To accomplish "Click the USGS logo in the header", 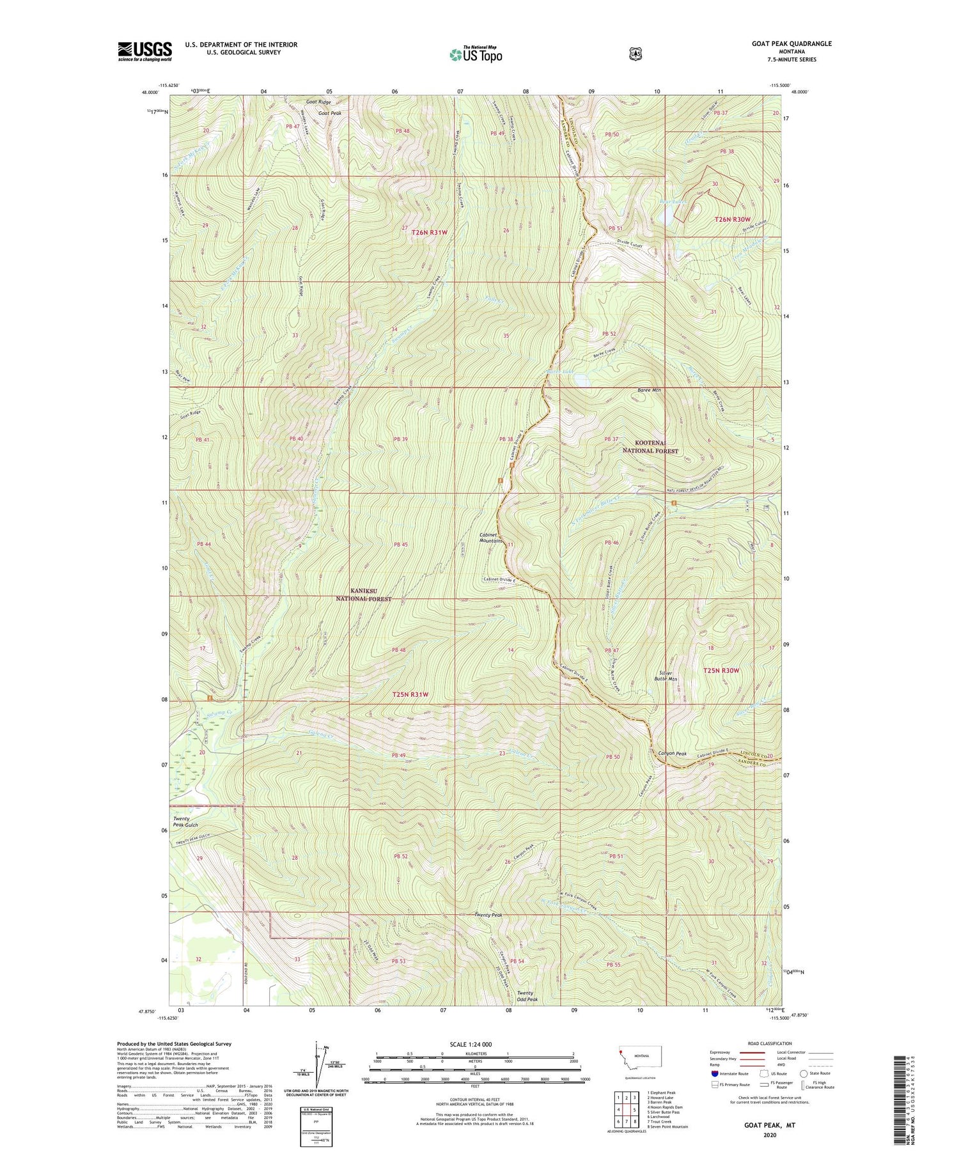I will click(x=144, y=51).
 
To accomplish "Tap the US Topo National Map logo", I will click(x=476, y=54).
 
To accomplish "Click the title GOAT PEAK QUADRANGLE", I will click(x=791, y=43).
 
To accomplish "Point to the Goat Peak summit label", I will click(x=324, y=113).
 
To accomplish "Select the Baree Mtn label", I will click(x=649, y=390).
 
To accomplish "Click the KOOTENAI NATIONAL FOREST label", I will click(x=650, y=446).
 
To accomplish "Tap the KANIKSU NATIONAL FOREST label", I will click(x=364, y=595).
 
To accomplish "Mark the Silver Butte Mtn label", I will click(x=668, y=676).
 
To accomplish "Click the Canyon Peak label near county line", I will click(x=673, y=753).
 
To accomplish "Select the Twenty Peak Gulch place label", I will click(x=185, y=821).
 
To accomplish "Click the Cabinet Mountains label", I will click(x=491, y=538).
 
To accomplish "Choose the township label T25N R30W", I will click(x=721, y=670).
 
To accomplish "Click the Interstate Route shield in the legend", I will click(x=714, y=1073).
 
